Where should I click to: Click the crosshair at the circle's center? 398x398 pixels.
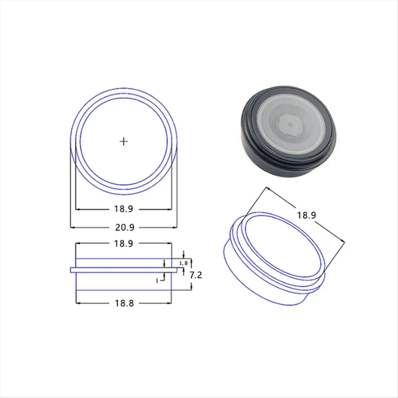pos(124,142)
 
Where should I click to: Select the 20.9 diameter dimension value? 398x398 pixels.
pos(124,228)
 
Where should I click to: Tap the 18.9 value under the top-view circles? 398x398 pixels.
pos(124,209)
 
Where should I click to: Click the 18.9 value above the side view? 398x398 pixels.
pos(124,243)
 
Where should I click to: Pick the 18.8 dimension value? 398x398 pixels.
pos(124,303)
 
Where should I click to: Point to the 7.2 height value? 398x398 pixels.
pos(196,275)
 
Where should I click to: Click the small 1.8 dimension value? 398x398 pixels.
pos(183,263)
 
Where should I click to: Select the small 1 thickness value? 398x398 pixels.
pos(157,281)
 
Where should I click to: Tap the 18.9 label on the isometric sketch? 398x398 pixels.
pos(306,215)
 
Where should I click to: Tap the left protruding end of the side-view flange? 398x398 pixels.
pos(72,270)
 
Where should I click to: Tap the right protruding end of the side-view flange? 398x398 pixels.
pos(176,270)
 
